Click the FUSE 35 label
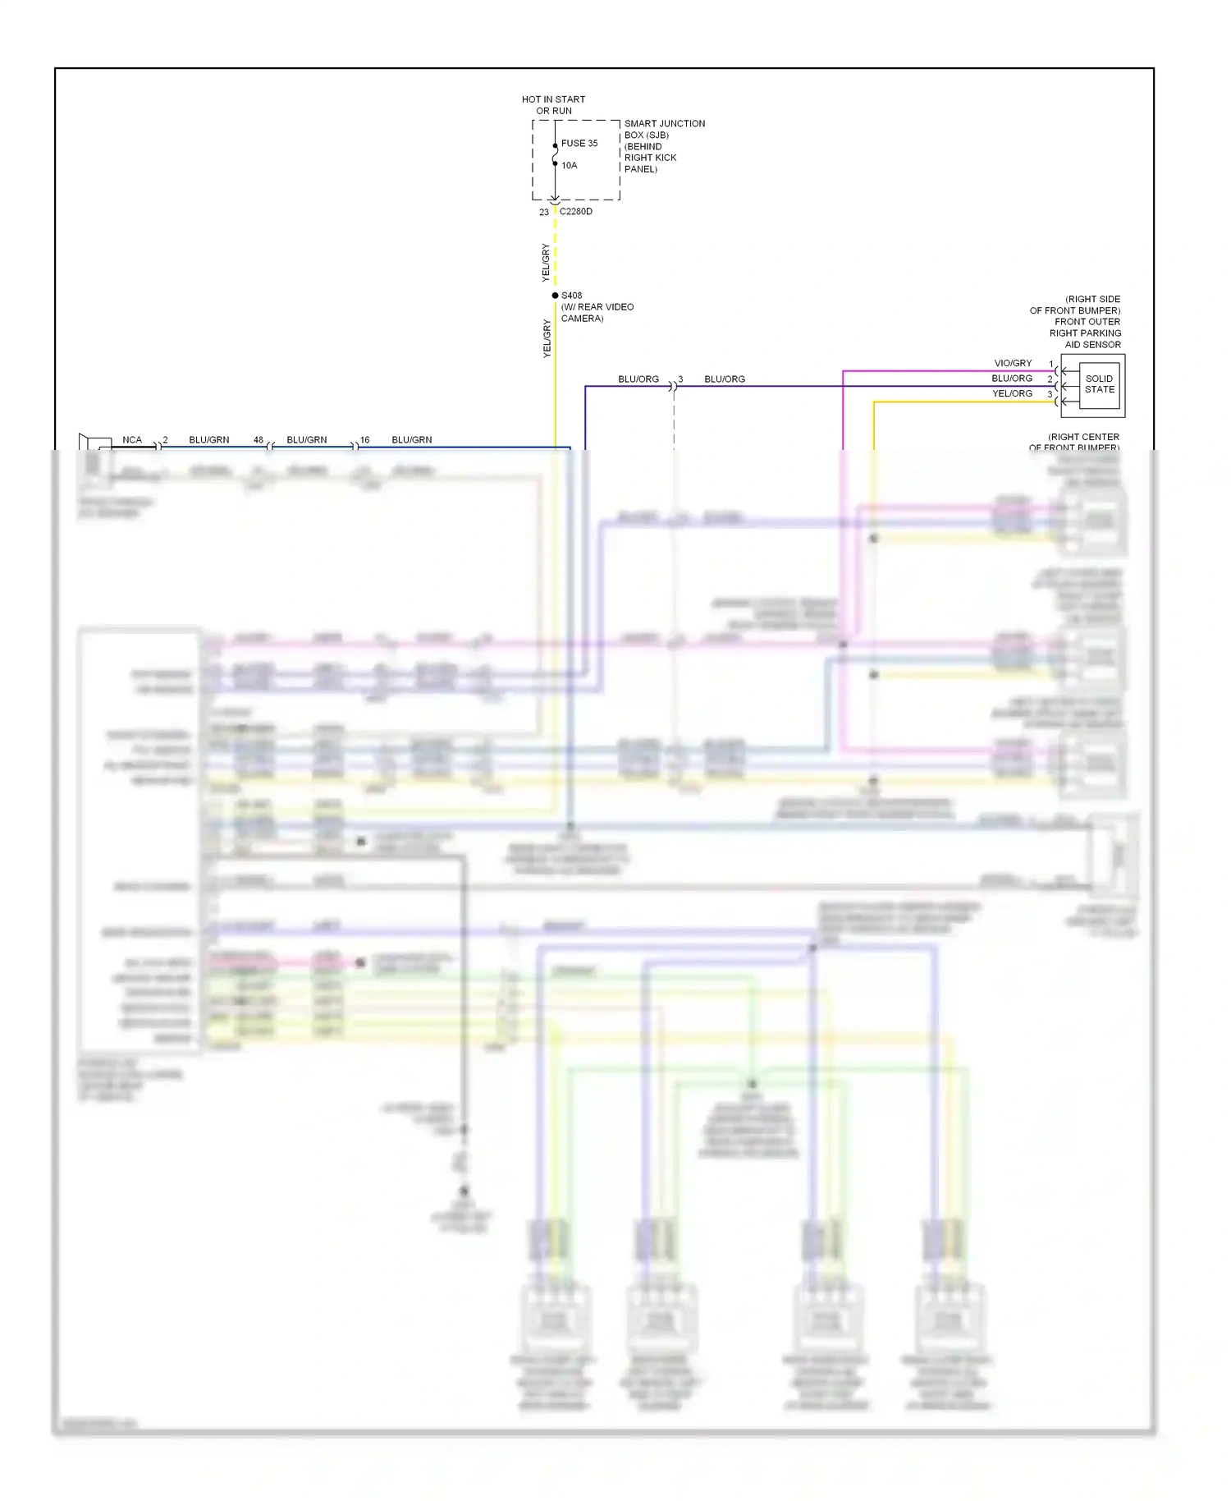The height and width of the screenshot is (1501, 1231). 579,143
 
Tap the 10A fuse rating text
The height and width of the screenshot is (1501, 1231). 569,165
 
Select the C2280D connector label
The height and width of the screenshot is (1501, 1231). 575,211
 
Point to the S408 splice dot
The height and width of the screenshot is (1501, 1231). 555,296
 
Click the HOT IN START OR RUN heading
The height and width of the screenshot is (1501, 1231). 553,104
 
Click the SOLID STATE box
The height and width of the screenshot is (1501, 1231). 1099,384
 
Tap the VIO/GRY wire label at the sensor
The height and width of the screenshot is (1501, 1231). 1013,363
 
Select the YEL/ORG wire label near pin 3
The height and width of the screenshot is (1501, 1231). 1012,393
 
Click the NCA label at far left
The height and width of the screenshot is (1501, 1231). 131,440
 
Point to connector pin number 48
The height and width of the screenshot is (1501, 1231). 258,440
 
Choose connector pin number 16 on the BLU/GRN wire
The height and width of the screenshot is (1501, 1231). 364,440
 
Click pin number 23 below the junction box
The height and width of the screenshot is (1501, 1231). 543,212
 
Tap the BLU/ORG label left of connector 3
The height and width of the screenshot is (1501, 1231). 638,379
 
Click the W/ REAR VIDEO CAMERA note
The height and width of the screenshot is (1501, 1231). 597,312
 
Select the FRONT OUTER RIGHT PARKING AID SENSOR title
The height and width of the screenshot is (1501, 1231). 1084,333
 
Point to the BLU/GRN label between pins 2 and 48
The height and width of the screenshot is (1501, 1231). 208,440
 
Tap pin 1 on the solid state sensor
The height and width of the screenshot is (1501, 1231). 1050,364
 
